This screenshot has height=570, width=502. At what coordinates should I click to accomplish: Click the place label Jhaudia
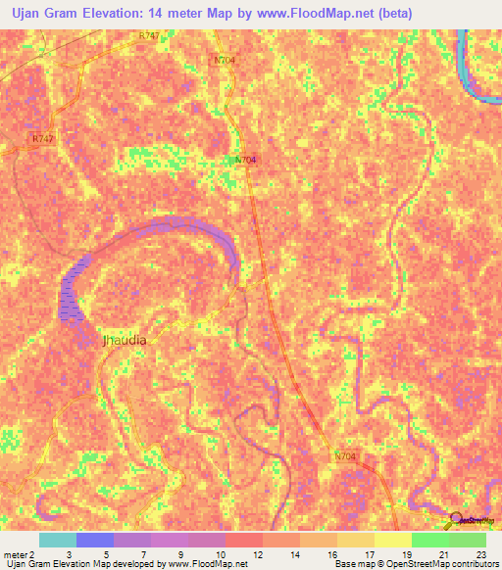pyautogui.click(x=125, y=341)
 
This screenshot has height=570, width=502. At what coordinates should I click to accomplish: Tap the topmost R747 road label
pyautogui.click(x=148, y=35)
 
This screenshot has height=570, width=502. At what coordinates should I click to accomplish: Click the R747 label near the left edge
pyautogui.click(x=41, y=140)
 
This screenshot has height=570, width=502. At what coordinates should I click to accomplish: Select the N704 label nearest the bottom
pyautogui.click(x=345, y=456)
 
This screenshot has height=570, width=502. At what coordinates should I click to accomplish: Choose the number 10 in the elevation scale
pyautogui.click(x=207, y=554)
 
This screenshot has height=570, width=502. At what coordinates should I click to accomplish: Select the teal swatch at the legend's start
pyautogui.click(x=57, y=540)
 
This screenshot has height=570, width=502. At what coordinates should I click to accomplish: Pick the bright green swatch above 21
pyautogui.click(x=429, y=540)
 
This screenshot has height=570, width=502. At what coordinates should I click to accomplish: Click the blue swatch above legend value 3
pyautogui.click(x=94, y=540)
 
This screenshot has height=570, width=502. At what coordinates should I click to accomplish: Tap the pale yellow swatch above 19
pyautogui.click(x=392, y=540)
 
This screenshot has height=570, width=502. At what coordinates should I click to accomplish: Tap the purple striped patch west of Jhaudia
pyautogui.click(x=73, y=290)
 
